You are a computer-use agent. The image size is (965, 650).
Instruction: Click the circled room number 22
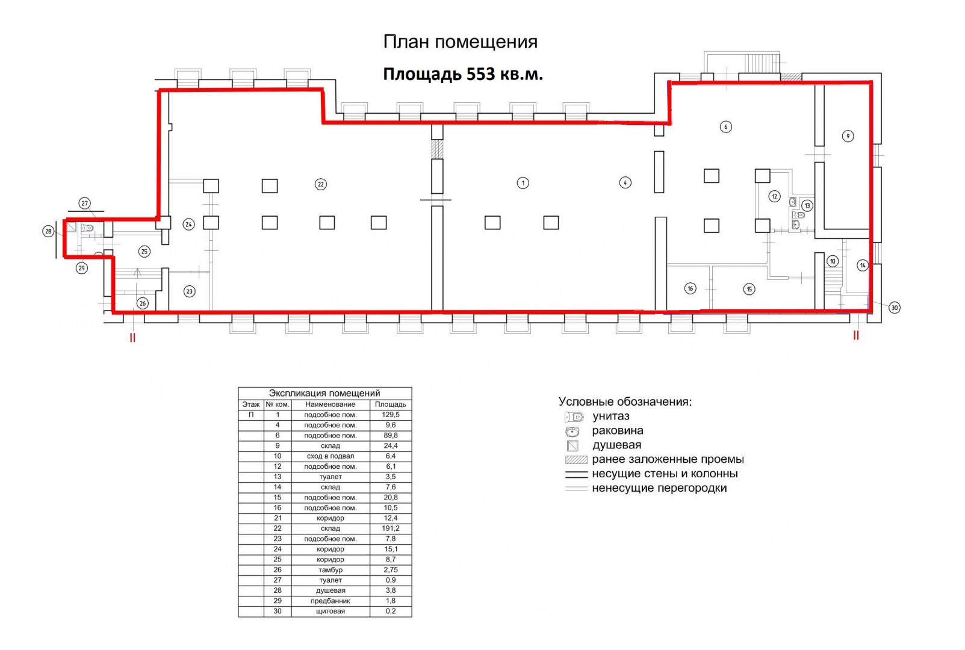click(x=320, y=184)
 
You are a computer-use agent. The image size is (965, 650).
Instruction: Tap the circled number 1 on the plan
click(x=523, y=183)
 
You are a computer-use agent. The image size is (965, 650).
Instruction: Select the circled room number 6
click(x=726, y=126)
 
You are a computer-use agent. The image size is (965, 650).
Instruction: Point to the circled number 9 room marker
click(x=848, y=136)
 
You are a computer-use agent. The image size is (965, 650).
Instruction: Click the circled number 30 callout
click(x=895, y=308)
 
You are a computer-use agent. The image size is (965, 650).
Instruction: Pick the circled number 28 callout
click(x=48, y=231)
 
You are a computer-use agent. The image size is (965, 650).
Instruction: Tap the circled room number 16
click(x=690, y=288)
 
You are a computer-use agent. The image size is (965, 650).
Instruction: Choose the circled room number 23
click(x=190, y=291)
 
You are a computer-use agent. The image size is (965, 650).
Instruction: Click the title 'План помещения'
click(x=460, y=42)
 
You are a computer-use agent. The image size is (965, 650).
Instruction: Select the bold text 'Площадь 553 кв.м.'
click(x=463, y=74)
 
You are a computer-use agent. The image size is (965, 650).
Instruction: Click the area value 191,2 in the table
click(x=391, y=528)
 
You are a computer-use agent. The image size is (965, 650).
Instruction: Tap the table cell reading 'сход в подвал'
click(x=330, y=456)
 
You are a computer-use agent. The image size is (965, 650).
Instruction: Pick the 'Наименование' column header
click(x=330, y=404)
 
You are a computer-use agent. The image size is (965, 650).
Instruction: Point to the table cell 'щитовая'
click(x=330, y=611)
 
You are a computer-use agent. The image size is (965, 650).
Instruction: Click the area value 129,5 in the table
click(x=391, y=415)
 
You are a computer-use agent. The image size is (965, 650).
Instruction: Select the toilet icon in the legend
click(x=574, y=417)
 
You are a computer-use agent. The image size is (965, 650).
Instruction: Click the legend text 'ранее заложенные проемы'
click(x=668, y=459)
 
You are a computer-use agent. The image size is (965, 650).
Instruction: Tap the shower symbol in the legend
click(x=572, y=445)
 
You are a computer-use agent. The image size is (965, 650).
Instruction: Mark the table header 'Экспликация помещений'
click(x=324, y=393)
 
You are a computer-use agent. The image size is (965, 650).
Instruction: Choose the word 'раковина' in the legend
click(x=617, y=431)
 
